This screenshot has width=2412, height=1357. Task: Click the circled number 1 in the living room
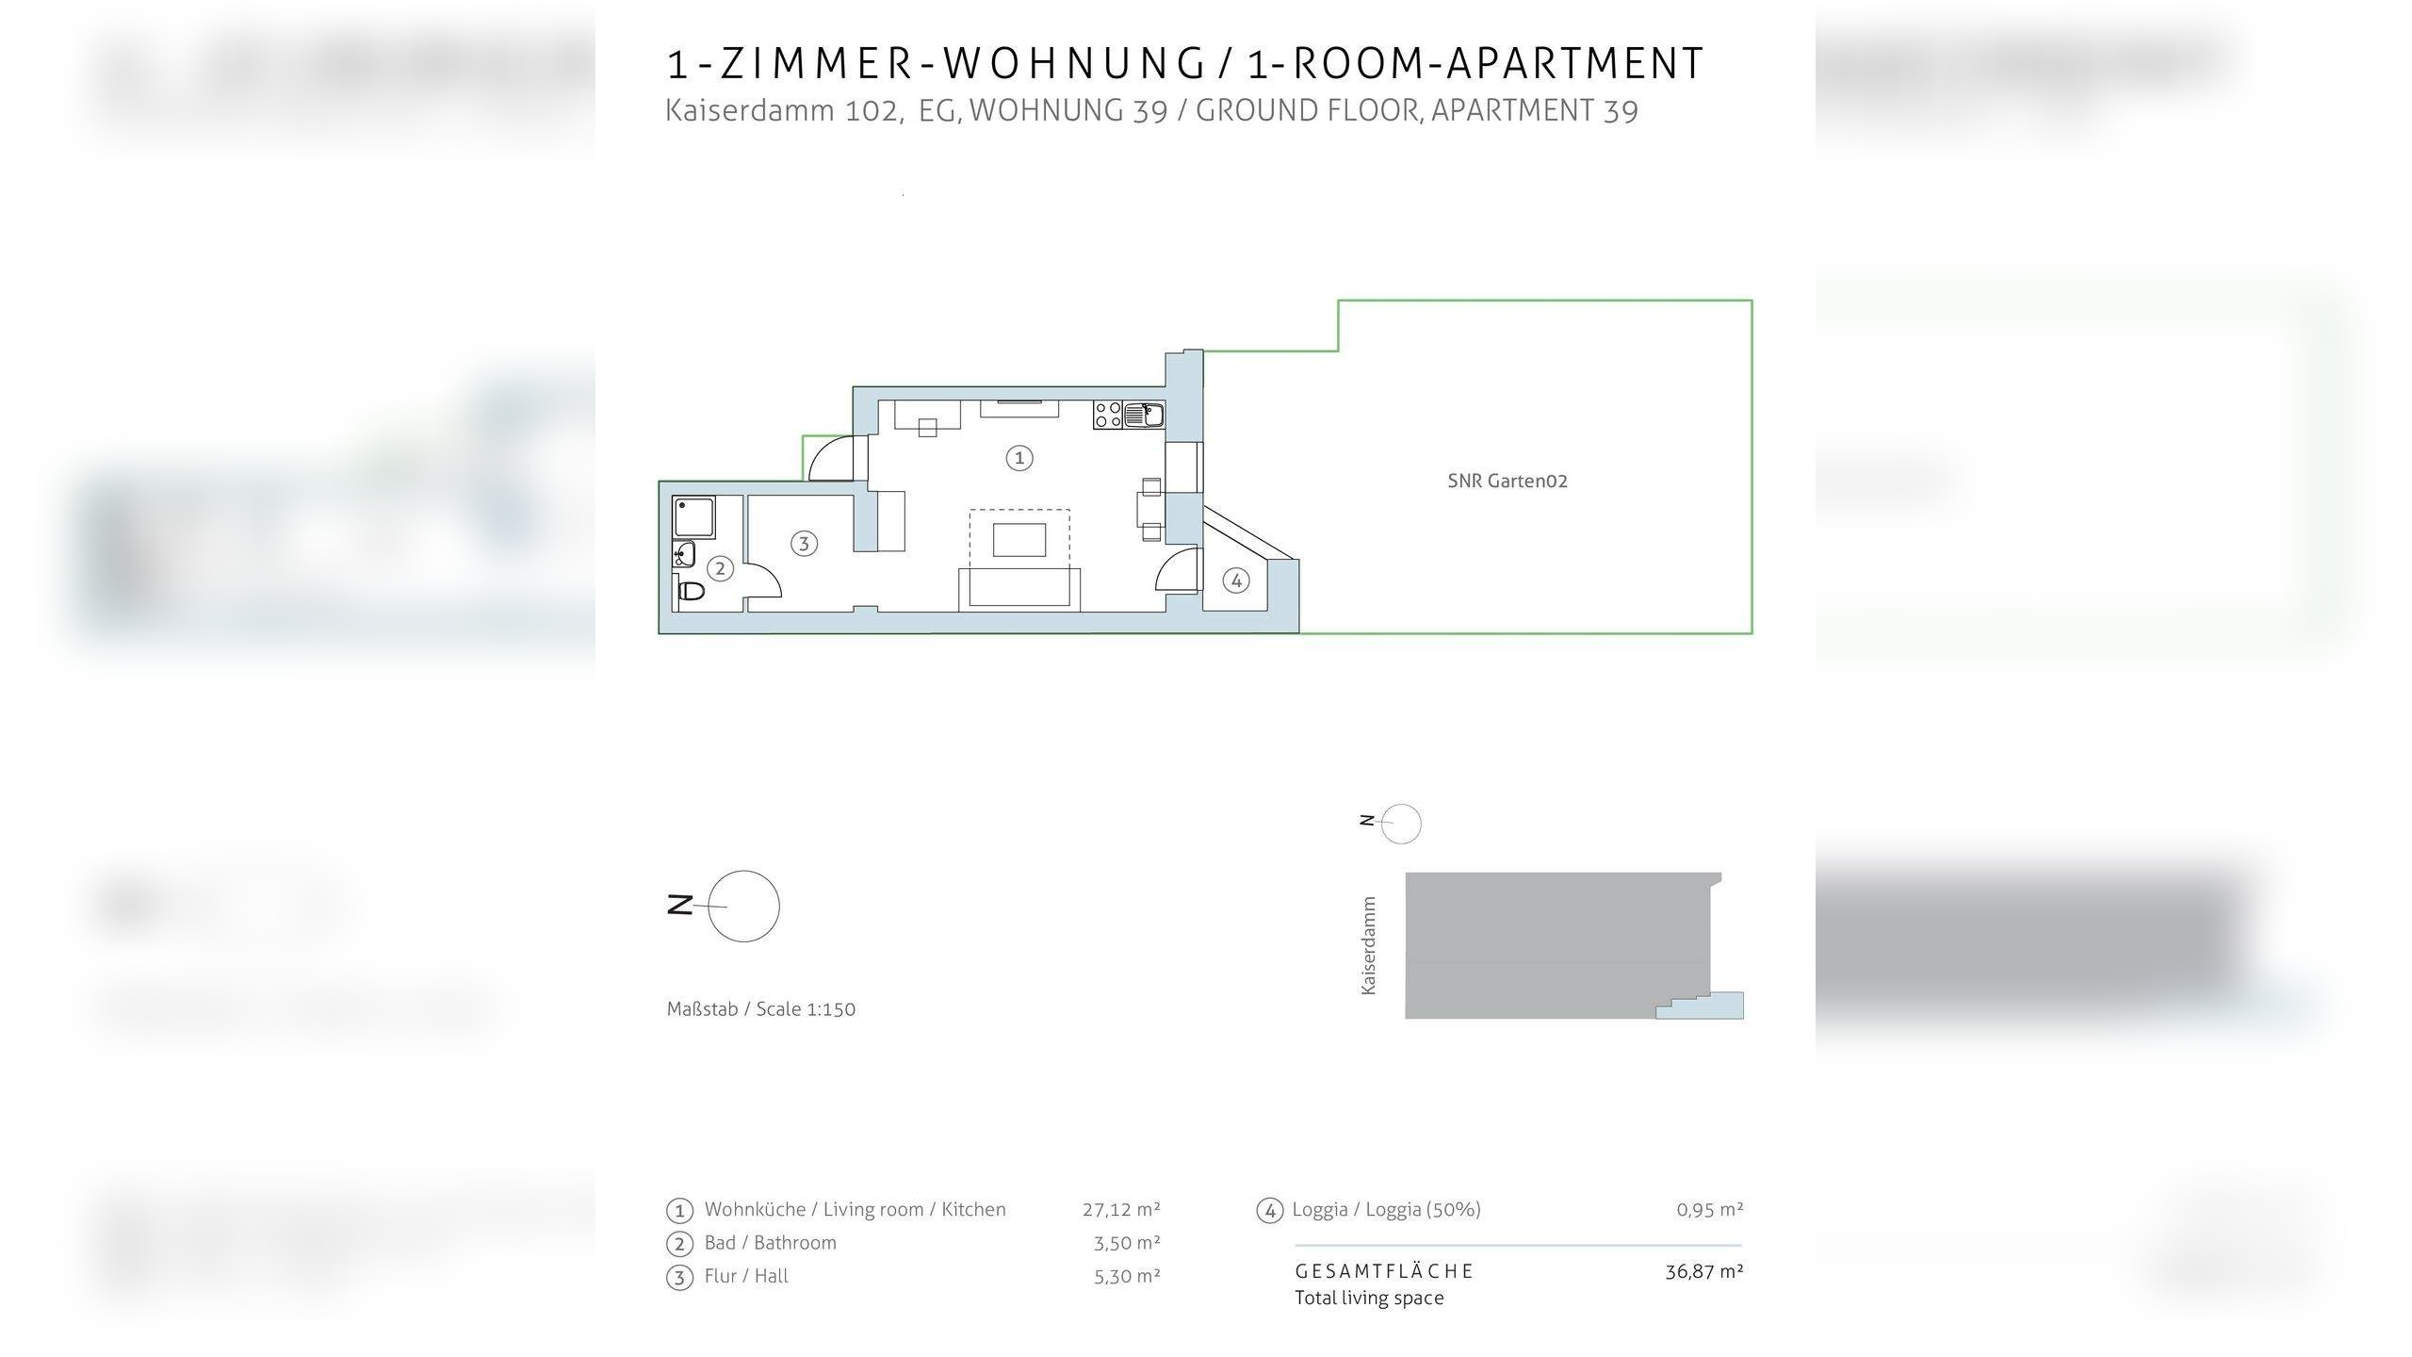pos(1019,458)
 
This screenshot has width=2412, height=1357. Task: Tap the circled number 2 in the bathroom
pos(720,568)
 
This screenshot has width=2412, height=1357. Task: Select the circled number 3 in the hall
pos(804,543)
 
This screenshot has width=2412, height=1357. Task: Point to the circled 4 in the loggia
pos(1236,580)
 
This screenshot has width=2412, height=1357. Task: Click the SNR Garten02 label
pos(1507,481)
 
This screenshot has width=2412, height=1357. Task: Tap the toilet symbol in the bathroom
pos(692,592)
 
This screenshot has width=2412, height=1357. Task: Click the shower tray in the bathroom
pos(694,517)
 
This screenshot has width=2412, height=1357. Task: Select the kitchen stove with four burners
pos(1108,415)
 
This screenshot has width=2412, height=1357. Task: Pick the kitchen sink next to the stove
pos(1144,415)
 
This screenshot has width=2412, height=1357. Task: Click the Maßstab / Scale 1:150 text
pos(760,1009)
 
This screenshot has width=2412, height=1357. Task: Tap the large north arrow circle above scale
pos(743,906)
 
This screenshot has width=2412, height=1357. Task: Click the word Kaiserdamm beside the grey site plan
pos(1369,945)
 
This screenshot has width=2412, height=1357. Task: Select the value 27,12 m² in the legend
pos(1121,1209)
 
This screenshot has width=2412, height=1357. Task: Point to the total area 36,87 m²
pos(1703,1271)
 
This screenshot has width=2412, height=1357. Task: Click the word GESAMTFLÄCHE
pos(1384,1271)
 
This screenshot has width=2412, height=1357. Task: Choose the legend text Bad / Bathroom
pos(770,1243)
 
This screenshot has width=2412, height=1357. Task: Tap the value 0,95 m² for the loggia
pos(1709,1209)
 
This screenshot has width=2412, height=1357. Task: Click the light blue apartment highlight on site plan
pos(1715,1007)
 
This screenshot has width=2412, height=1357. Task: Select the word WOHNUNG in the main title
pos(1074,64)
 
